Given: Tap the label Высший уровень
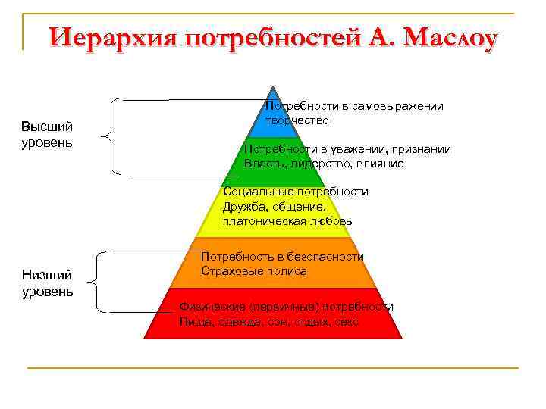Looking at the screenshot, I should (x=47, y=135).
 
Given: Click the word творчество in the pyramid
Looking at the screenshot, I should (x=297, y=120).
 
